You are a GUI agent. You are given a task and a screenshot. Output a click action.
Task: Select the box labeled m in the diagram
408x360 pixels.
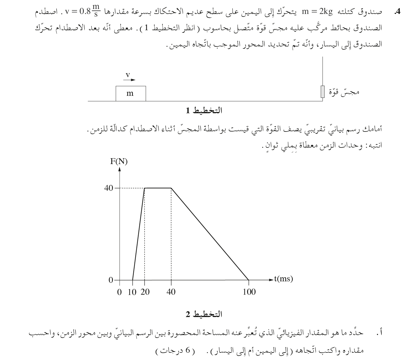pyautogui.click(x=131, y=93)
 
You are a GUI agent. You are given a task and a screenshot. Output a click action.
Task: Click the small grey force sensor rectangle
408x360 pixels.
pyautogui.click(x=322, y=92)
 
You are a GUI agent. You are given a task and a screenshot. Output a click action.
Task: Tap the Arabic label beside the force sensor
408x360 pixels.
pyautogui.click(x=344, y=92)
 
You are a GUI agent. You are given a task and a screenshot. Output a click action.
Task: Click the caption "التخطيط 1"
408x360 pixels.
pyautogui.click(x=204, y=111)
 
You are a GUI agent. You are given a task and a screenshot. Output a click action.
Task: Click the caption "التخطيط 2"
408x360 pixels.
pyautogui.click(x=204, y=314)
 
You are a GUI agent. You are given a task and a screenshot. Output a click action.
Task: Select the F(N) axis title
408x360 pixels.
pyautogui.click(x=119, y=161)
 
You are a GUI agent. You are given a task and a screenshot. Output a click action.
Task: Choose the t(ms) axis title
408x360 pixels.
pyautogui.click(x=284, y=279)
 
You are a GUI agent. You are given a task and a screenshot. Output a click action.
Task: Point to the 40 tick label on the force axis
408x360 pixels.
pyautogui.click(x=108, y=188)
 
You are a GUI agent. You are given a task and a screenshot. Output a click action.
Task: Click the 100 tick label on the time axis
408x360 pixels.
pyautogui.click(x=249, y=292)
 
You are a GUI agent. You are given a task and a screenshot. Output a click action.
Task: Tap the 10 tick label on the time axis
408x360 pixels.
pyautogui.click(x=132, y=292)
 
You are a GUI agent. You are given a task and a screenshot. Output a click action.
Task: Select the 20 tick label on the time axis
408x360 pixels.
pyautogui.click(x=145, y=292)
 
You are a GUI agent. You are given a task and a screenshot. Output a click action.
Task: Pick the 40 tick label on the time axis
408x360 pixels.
pyautogui.click(x=171, y=292)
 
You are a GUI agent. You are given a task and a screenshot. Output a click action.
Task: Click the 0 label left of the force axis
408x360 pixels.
pyautogui.click(x=111, y=280)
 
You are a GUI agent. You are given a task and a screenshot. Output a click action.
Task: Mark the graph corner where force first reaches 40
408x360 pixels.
pyautogui.click(x=145, y=188)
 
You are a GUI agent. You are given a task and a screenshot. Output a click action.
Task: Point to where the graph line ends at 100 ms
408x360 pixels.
pyautogui.click(x=249, y=280)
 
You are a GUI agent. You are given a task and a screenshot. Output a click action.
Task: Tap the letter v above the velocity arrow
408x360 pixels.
pyautogui.click(x=128, y=75)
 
